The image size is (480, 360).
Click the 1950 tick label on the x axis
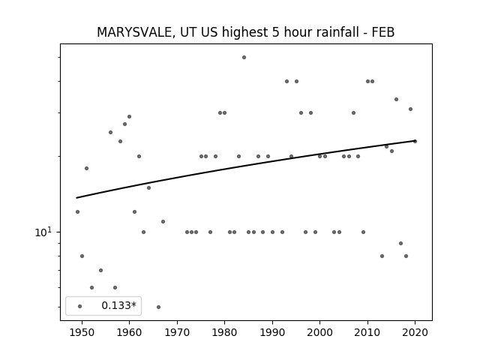(x=82, y=332)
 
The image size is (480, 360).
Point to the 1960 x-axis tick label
(x=129, y=332)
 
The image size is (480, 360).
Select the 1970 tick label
(x=177, y=332)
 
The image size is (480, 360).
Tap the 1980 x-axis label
(x=224, y=332)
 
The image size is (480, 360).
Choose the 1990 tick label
(x=272, y=332)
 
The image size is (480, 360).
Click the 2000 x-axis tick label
(x=320, y=332)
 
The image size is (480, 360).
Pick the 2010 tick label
(x=367, y=332)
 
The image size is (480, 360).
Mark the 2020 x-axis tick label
(x=415, y=332)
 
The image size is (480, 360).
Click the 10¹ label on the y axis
(x=43, y=232)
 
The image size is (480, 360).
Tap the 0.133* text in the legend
(x=118, y=305)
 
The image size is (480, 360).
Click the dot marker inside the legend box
(x=80, y=306)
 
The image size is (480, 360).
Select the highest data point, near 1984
(x=244, y=57)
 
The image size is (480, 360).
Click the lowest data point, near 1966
(x=158, y=307)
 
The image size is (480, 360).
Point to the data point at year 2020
(x=415, y=141)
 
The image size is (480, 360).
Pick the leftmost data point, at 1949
(x=77, y=211)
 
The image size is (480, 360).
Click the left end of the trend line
(x=76, y=198)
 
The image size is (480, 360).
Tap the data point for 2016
(x=396, y=99)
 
